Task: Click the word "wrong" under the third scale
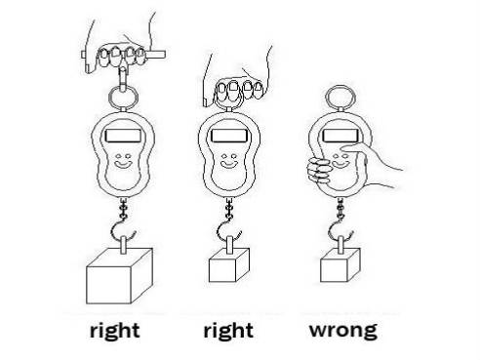343,330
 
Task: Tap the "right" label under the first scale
115,330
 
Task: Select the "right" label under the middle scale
228,330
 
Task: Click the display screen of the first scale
124,136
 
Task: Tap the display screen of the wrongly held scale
340,136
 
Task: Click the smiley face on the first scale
123,161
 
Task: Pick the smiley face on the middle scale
229,161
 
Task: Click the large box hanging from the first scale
119,276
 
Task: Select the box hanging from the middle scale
229,264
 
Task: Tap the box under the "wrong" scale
340,264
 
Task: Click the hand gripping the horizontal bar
120,49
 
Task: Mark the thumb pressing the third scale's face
354,150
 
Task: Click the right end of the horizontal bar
165,55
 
